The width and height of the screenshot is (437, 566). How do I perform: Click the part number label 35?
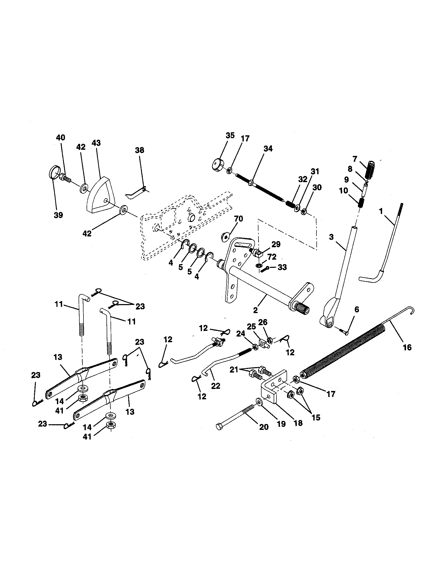click(230, 136)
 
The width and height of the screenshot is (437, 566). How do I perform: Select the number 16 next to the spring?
click(407, 348)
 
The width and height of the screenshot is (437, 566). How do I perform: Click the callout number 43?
click(96, 143)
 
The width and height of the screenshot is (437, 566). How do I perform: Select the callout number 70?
click(239, 219)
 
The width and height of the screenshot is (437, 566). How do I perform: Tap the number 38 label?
click(140, 150)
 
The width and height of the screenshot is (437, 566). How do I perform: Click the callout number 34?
click(268, 149)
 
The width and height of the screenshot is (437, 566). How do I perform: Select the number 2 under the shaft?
click(255, 309)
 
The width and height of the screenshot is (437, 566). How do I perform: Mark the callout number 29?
click(276, 244)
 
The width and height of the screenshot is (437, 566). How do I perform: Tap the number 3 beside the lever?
click(331, 237)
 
